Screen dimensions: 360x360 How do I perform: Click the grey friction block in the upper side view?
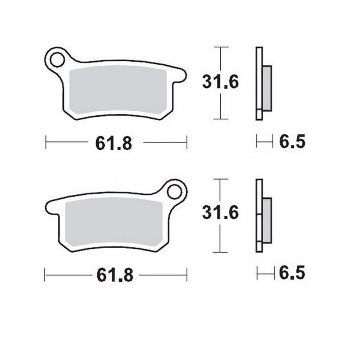click(x=267, y=88)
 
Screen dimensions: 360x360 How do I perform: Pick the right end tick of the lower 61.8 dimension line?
click(x=187, y=274)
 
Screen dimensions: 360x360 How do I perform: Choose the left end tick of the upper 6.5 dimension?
click(x=257, y=141)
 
